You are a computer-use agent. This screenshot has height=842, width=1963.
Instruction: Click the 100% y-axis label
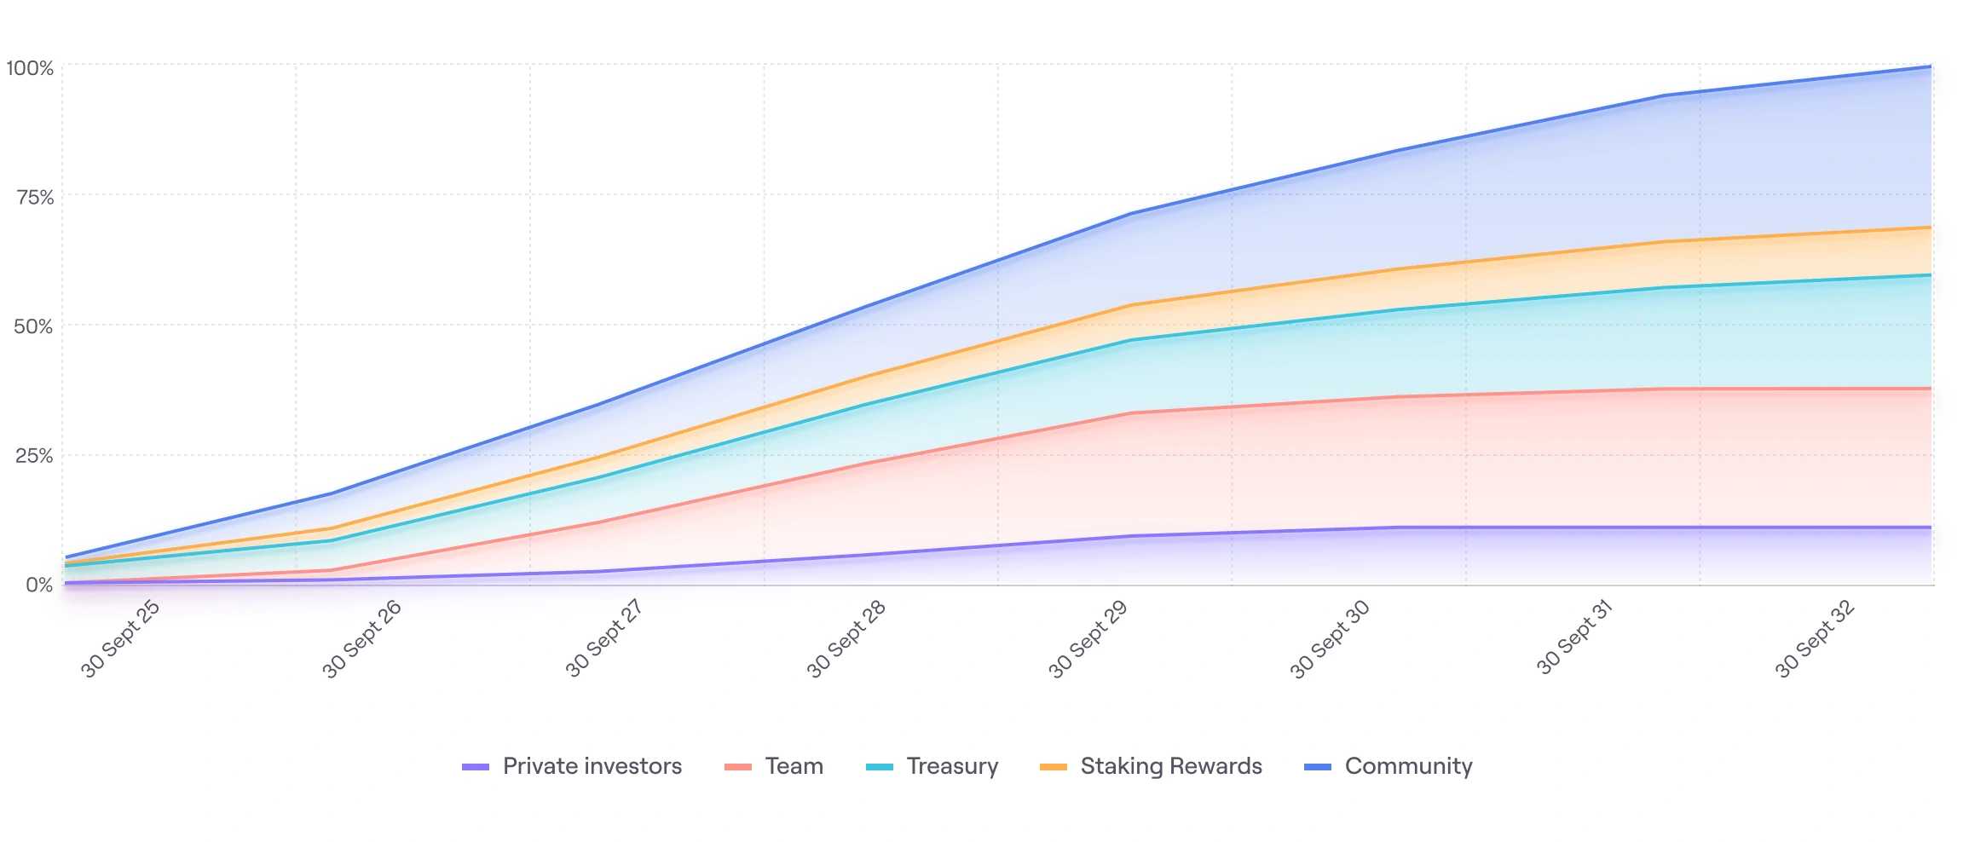click(x=30, y=68)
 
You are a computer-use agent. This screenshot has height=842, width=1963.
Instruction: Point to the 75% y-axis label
click(x=35, y=198)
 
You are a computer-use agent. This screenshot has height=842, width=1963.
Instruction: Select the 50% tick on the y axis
click(x=33, y=326)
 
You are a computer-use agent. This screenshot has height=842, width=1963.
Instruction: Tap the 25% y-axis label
click(x=34, y=456)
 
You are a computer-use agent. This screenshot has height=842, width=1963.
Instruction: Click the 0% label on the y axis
click(x=39, y=585)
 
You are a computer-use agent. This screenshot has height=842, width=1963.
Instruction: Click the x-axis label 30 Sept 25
click(x=120, y=639)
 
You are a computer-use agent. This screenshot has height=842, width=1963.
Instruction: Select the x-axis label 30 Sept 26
click(x=361, y=639)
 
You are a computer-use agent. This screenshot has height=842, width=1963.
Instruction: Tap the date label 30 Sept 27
click(x=603, y=639)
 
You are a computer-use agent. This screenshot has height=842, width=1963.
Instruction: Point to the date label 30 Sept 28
click(x=846, y=639)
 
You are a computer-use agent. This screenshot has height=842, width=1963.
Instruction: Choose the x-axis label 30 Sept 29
click(x=1088, y=639)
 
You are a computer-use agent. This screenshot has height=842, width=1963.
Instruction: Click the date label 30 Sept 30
click(x=1330, y=639)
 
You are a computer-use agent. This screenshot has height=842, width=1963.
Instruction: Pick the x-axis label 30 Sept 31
click(x=1574, y=637)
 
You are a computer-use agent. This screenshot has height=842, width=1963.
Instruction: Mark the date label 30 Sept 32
click(x=1814, y=639)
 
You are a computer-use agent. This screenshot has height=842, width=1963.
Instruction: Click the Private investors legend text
click(x=592, y=766)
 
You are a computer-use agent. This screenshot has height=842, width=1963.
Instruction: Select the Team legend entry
click(x=794, y=766)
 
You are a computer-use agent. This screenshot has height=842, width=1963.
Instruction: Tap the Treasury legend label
click(x=952, y=766)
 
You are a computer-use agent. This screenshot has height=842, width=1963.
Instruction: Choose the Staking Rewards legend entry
click(x=1170, y=766)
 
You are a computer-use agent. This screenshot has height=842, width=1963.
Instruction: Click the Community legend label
click(x=1408, y=766)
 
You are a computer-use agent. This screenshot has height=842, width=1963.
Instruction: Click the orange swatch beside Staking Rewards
click(x=1054, y=767)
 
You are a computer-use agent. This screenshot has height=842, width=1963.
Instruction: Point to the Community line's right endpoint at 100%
click(x=1930, y=66)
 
